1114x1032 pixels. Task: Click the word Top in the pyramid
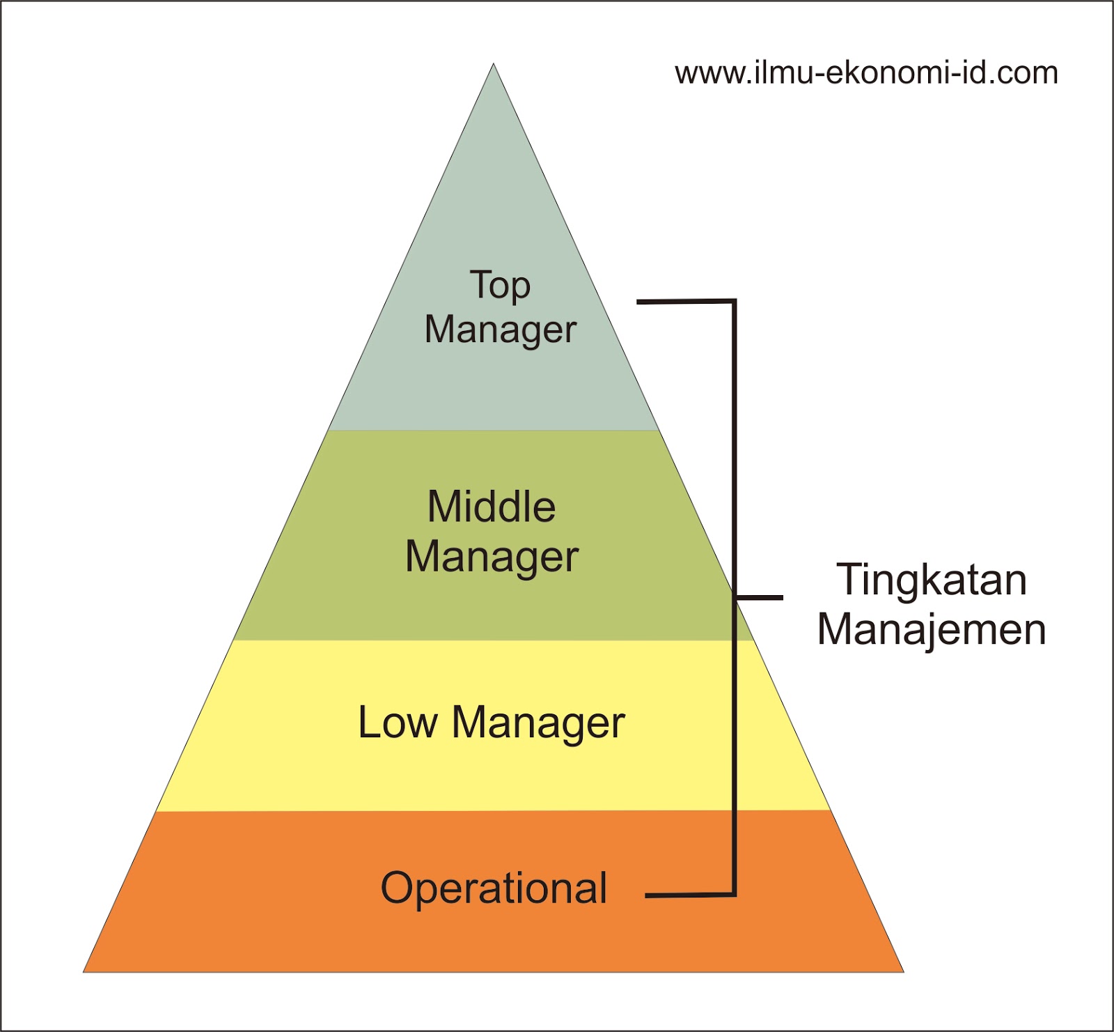pos(500,286)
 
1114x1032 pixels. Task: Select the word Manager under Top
pos(501,330)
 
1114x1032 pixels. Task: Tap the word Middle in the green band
pos(492,507)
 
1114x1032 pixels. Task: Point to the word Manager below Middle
pos(492,557)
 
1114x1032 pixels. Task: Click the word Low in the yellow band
pos(397,723)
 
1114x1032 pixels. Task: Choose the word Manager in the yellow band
pos(538,723)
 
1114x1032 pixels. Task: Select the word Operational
pos(494,888)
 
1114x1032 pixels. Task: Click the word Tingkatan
pos(932,580)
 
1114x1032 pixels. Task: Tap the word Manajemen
pos(932,629)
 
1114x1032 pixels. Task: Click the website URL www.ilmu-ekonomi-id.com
pos(866,73)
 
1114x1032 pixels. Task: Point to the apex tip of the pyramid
pos(494,65)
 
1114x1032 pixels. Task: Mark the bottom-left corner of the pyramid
pos(85,971)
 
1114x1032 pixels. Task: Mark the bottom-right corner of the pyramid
pos(902,971)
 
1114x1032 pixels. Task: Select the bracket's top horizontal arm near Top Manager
pos(685,302)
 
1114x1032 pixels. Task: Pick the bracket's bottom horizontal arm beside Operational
pos(689,895)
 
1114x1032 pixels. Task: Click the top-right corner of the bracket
pos(734,302)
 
